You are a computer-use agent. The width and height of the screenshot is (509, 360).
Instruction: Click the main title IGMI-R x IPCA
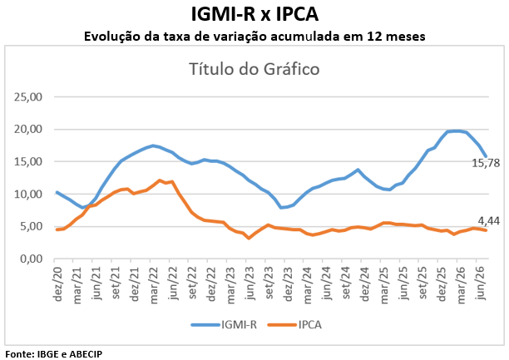click(x=254, y=15)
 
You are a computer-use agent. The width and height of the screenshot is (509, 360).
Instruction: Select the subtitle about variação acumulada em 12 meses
click(x=254, y=37)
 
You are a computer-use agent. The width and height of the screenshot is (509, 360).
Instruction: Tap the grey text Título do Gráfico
click(x=254, y=69)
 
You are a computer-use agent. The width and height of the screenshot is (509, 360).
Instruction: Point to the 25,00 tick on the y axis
click(x=28, y=96)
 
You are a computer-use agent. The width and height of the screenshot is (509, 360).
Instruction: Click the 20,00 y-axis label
click(x=28, y=129)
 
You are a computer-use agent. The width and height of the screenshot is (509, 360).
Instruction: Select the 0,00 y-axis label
click(x=31, y=259)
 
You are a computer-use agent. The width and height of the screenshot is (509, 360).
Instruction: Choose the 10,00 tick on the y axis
click(x=28, y=194)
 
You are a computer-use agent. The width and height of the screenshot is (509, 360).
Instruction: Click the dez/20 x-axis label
click(x=57, y=284)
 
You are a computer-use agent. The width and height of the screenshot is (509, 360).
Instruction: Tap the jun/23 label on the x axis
click(x=250, y=284)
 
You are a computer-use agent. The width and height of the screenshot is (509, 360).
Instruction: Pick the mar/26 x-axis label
click(x=462, y=284)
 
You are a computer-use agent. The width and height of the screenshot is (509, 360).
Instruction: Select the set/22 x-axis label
click(x=192, y=284)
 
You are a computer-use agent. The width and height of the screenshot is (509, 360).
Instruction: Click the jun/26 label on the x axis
click(x=481, y=284)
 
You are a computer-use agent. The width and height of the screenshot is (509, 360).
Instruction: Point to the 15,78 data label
click(x=486, y=163)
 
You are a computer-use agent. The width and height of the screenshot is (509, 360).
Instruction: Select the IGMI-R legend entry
click(x=224, y=324)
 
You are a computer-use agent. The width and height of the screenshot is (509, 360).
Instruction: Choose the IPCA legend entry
click(x=294, y=324)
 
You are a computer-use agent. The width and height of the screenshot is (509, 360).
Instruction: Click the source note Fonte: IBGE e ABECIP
click(x=54, y=354)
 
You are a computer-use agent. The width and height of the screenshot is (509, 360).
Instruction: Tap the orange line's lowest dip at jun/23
click(x=249, y=238)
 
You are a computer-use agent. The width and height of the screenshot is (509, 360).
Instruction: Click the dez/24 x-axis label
click(x=365, y=284)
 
